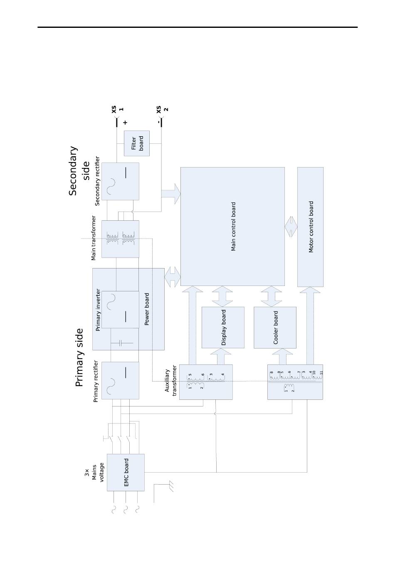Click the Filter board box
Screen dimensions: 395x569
click(x=136, y=143)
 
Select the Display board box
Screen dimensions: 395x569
click(x=223, y=328)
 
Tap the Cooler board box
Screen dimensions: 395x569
click(x=275, y=328)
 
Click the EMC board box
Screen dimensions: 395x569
click(x=126, y=472)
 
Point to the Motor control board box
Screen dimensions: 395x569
click(x=310, y=227)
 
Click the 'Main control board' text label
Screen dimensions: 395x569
click(x=233, y=227)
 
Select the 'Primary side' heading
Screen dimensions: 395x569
click(x=79, y=357)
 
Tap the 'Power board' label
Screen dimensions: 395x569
click(x=146, y=309)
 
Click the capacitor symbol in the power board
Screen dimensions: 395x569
click(x=120, y=343)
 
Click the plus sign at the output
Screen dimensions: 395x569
click(x=125, y=123)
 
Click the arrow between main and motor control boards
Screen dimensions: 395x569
click(x=291, y=227)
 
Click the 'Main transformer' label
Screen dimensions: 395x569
click(x=94, y=238)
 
